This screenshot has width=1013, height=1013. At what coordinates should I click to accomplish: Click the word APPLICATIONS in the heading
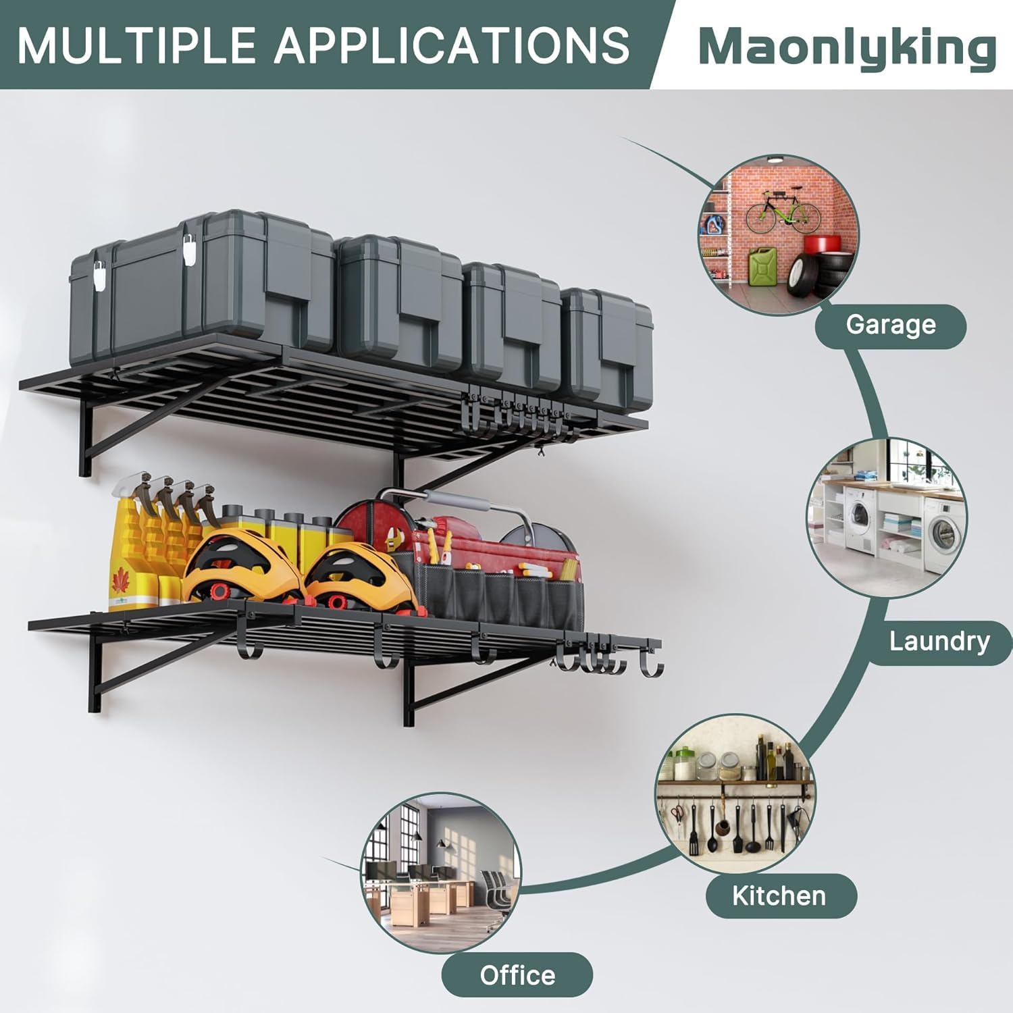click(x=452, y=45)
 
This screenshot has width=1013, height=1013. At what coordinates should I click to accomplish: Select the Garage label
click(x=891, y=326)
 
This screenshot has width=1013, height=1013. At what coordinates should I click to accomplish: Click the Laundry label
click(x=939, y=642)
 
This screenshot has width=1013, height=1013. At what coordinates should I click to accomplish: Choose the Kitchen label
click(x=779, y=896)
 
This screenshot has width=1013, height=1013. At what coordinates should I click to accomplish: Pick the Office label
click(x=517, y=975)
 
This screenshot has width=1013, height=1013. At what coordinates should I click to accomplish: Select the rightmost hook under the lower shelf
click(x=650, y=665)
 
